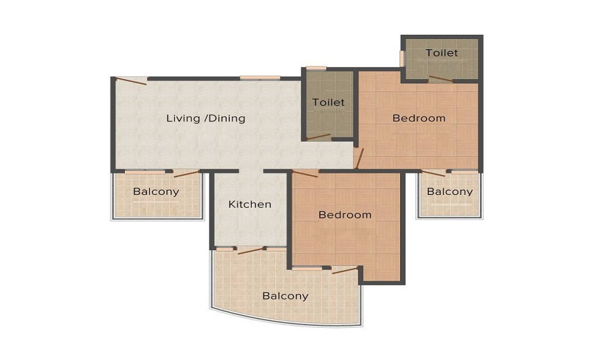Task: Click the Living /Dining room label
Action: coord(206,118)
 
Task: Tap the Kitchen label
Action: coord(250,205)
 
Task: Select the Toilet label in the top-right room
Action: coord(442,53)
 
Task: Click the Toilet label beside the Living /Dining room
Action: coord(328,103)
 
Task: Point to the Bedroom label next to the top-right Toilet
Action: coord(419,118)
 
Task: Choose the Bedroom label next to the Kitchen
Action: coord(344,215)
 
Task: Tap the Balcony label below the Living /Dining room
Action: coord(156,192)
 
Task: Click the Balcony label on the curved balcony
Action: coord(286,296)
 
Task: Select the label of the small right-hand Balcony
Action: coord(449,192)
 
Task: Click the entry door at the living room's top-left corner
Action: coord(131,81)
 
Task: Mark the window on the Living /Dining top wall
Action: coord(260,77)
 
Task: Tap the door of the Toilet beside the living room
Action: coord(319,137)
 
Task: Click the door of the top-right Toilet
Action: coord(441,79)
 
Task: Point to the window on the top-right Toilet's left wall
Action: coord(402,58)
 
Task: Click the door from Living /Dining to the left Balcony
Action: coord(186,173)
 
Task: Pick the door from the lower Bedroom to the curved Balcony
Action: coord(345,270)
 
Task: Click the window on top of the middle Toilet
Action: coord(316,68)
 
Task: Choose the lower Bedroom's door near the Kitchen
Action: coord(305,174)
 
